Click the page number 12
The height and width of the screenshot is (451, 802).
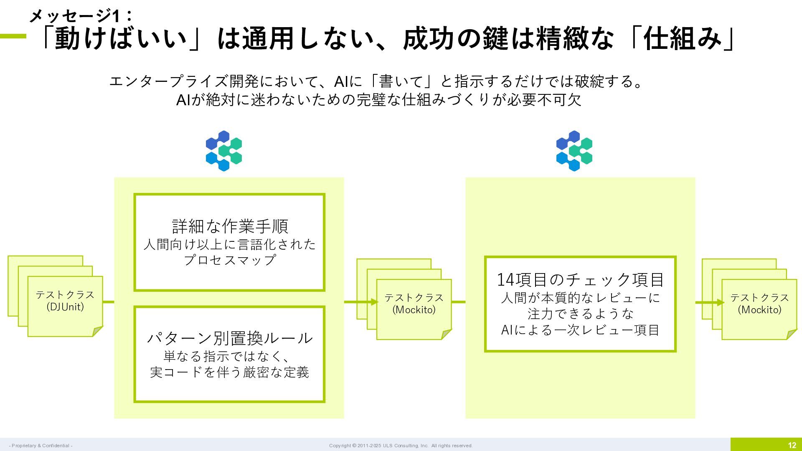coord(792,445)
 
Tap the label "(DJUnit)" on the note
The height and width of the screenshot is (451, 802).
coord(65,307)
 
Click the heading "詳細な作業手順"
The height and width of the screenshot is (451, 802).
coord(230,226)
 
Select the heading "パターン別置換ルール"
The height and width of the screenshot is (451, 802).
coord(229,338)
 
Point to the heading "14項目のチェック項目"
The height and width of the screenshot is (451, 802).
coord(580,279)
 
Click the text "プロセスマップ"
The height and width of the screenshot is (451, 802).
coord(229,260)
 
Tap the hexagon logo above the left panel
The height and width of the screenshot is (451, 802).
coord(224,151)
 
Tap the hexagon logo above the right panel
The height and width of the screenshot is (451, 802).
coord(574,151)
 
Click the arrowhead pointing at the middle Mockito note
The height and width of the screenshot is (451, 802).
coord(374,302)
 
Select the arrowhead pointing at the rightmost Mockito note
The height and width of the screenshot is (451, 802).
coord(720,302)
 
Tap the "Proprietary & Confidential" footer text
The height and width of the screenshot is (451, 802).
coord(41,446)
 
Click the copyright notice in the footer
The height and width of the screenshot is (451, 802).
coord(401,446)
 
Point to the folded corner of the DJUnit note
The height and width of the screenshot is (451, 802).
coord(97,331)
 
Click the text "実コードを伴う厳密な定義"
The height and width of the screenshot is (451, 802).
coord(229,372)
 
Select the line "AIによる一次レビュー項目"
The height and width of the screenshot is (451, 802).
coord(580,330)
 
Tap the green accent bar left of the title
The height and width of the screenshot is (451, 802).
coord(13,36)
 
